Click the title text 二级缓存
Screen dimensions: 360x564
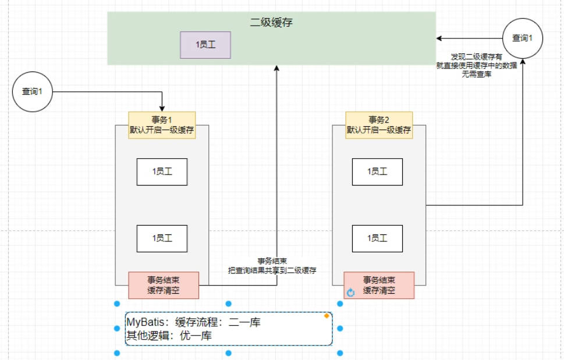pos(271,23)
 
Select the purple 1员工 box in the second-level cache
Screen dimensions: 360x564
pos(205,45)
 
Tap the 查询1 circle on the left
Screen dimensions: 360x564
pos(33,91)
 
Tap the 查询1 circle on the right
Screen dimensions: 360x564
pos(523,38)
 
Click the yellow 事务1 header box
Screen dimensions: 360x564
pos(162,125)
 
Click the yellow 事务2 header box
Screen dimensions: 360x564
pos(378,125)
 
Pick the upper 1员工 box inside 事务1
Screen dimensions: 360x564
pos(162,172)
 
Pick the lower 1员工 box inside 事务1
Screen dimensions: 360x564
pos(162,238)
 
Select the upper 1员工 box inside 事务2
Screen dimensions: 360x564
pos(377,172)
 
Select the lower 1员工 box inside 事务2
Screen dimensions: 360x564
pos(377,238)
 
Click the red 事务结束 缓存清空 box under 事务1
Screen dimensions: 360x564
pos(164,285)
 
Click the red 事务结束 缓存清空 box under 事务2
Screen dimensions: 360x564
pos(379,285)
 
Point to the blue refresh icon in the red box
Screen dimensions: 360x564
pos(350,293)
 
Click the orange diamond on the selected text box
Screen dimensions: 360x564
pos(327,316)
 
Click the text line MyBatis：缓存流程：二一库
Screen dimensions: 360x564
pos(192,322)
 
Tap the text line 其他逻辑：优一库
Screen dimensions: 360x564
pos(169,336)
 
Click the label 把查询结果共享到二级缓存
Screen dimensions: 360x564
pos(272,271)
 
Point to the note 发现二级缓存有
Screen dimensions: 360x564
pos(471,56)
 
